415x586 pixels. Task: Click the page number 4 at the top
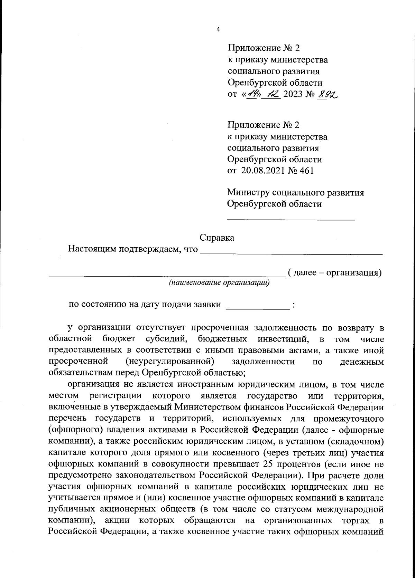tap(218, 30)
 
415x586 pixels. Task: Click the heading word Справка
tap(217, 238)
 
